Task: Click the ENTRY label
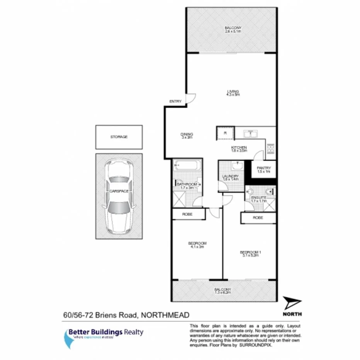pyautogui.click(x=175, y=102)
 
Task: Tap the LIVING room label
pyautogui.click(x=233, y=92)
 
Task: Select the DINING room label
pyautogui.click(x=187, y=135)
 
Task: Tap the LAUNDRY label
pyautogui.click(x=231, y=177)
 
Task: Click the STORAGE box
pyautogui.click(x=119, y=137)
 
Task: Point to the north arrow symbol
pyautogui.click(x=292, y=302)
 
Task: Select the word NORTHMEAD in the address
pyautogui.click(x=165, y=316)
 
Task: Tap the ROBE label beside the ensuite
pyautogui.click(x=258, y=218)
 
